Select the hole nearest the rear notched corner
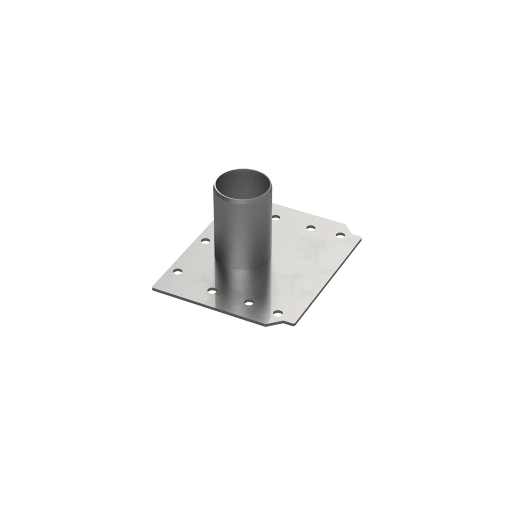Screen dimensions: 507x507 tap(340, 235)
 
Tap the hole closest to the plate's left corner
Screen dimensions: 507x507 tap(177, 271)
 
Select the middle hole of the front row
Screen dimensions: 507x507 tap(248, 303)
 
